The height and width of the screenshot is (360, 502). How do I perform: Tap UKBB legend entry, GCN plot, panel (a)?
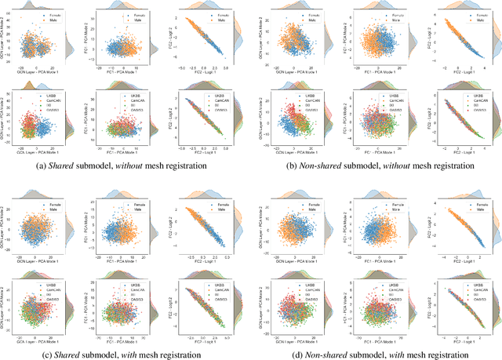pyautogui.click(x=49, y=96)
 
